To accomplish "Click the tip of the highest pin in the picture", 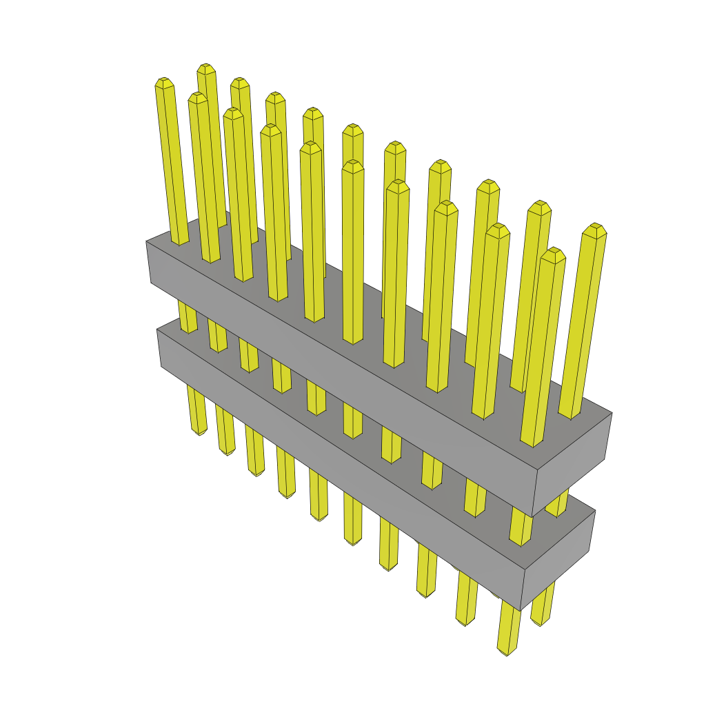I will (205, 68).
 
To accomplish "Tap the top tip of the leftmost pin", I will (163, 81).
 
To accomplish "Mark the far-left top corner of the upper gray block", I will (146, 241).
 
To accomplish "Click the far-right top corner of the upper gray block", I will (612, 413).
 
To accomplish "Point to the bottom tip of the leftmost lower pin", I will (199, 432).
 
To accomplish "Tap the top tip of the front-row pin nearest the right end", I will (552, 252).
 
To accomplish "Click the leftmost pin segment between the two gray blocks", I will (188, 317).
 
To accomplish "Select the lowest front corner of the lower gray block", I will (521, 611).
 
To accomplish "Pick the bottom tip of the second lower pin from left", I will (228, 452).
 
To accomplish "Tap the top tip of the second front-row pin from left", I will (198, 96).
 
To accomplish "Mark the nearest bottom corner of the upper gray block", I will (532, 516).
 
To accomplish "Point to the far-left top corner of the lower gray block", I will (157, 330).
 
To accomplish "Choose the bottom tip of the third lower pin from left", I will (256, 474).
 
